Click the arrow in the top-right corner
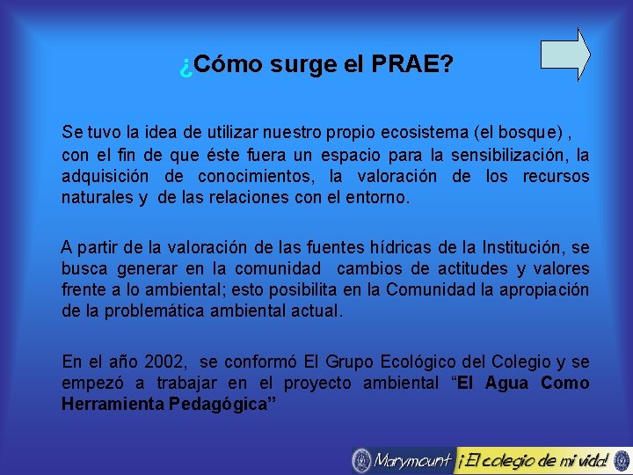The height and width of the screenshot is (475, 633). click(564, 55)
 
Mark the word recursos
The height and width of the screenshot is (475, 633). click(556, 177)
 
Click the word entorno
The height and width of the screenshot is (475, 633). click(380, 198)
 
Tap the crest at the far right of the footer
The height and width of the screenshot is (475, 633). click(621, 460)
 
